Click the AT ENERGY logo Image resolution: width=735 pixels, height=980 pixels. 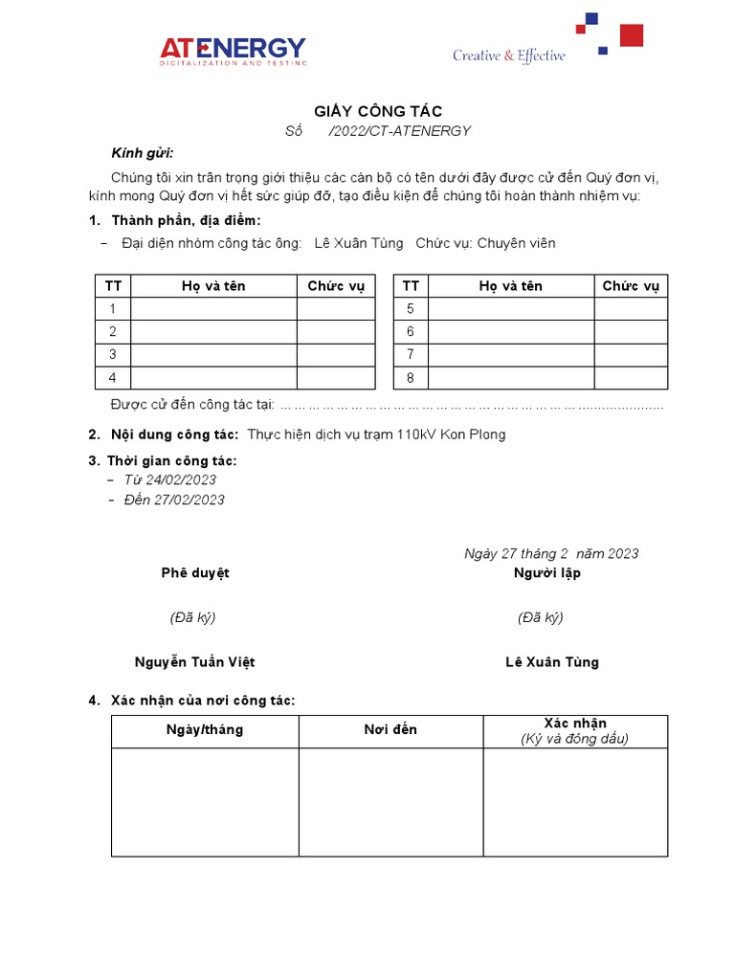234,51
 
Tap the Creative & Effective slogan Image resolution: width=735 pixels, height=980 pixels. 508,56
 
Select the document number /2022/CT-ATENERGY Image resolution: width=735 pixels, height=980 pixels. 399,131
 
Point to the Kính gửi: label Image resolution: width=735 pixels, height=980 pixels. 143,153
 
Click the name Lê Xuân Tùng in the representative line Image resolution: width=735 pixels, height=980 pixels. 359,243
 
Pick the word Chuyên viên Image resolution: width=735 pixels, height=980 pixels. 516,243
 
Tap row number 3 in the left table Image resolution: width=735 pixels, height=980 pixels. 113,354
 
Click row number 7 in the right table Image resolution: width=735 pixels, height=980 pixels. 411,354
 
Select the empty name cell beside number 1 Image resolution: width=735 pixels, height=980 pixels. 213,308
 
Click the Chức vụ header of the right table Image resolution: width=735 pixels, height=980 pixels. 631,286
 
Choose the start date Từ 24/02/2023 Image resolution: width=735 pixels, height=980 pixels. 169,479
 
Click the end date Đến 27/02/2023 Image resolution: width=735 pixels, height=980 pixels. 174,500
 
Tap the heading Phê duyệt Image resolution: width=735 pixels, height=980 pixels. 195,573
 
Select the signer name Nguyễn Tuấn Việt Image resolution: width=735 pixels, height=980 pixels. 195,662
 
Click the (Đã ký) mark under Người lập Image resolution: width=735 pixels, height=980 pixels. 541,617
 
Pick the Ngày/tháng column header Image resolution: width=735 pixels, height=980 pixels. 205,730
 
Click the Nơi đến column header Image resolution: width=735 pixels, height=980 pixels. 390,730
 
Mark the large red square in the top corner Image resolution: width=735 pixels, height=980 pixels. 632,35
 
